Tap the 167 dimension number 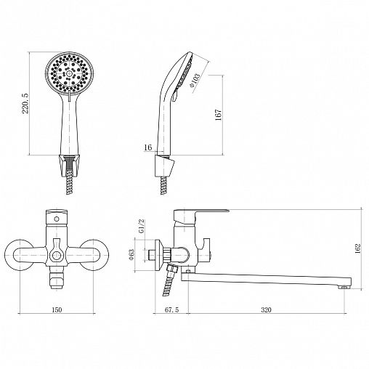point(218,115)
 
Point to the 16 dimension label point(147,147)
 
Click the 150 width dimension point(57,309)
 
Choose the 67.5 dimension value point(171,309)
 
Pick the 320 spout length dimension point(266,309)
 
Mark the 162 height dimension point(357,248)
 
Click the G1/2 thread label point(141,226)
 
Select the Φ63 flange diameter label point(131,255)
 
